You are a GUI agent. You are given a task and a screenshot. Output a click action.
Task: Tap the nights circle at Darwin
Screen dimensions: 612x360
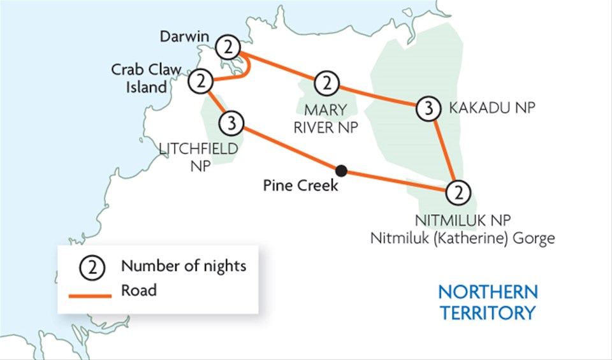point(228,47)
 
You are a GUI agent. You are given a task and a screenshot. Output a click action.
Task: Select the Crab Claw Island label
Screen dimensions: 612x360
point(146,78)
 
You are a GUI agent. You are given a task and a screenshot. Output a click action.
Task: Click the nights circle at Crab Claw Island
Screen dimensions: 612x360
point(201,81)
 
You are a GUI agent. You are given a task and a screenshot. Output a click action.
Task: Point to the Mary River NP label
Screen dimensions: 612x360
point(324,119)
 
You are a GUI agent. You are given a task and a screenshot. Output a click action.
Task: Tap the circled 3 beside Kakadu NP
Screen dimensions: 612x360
point(428,110)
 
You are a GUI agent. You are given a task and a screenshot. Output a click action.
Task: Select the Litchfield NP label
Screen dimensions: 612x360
point(199,157)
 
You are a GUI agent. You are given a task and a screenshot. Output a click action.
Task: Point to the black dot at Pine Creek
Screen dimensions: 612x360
point(342,170)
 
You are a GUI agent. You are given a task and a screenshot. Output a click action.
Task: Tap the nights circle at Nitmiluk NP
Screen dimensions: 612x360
point(458,191)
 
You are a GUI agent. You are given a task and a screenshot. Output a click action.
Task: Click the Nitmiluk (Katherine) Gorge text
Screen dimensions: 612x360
point(463,239)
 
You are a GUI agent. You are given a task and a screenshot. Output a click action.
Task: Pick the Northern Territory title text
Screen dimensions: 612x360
point(488,303)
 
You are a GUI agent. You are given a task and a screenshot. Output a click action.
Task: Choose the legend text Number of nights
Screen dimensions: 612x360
point(184,266)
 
